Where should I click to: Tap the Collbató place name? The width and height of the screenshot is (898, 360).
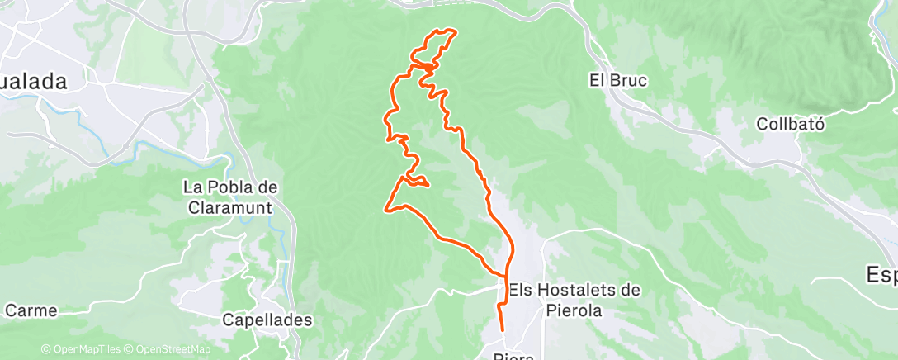[792, 124]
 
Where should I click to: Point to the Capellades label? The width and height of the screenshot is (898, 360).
[267, 319]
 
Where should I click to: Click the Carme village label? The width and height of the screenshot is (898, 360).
[31, 311]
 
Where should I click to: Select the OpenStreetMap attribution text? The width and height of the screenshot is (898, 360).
[169, 349]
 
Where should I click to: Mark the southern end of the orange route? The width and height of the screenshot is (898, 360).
[503, 330]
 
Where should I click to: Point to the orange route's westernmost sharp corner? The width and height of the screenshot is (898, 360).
[386, 209]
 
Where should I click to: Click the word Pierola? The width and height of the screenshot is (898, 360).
[575, 311]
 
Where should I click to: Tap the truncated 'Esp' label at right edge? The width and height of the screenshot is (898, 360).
[881, 274]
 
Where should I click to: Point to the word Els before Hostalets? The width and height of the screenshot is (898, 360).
[522, 290]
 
